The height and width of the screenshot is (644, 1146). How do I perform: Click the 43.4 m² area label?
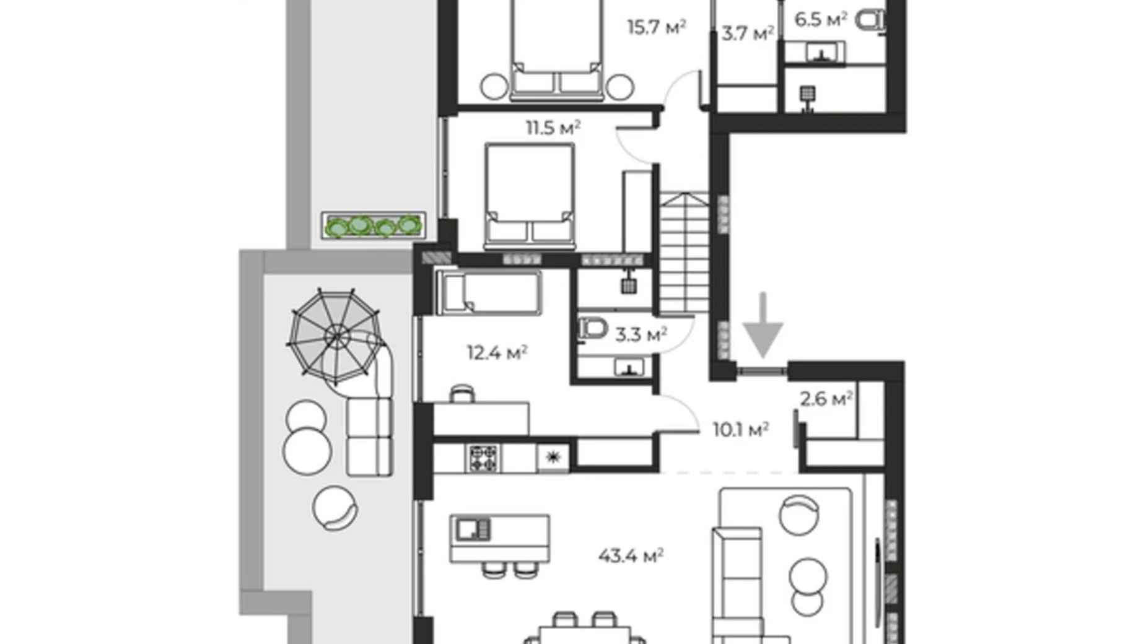630,555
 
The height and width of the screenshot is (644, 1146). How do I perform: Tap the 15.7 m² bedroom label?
656,28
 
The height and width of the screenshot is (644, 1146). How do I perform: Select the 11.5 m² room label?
553,128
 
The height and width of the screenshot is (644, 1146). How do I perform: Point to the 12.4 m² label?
496,353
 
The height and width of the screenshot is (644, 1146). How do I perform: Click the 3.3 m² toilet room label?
641,335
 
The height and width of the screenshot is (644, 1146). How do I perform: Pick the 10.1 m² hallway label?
740,429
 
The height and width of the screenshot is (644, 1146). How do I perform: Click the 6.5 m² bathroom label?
820,20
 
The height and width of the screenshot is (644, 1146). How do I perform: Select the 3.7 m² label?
747,33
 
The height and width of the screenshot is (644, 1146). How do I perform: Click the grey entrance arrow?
763,325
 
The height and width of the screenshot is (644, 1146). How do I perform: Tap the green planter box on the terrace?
374,225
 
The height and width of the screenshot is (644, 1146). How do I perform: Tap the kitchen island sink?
473,529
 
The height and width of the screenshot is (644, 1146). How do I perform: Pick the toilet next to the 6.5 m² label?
870,20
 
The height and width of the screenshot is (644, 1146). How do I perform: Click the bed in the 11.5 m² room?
530,195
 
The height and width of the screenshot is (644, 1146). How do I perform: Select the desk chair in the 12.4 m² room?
461,393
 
